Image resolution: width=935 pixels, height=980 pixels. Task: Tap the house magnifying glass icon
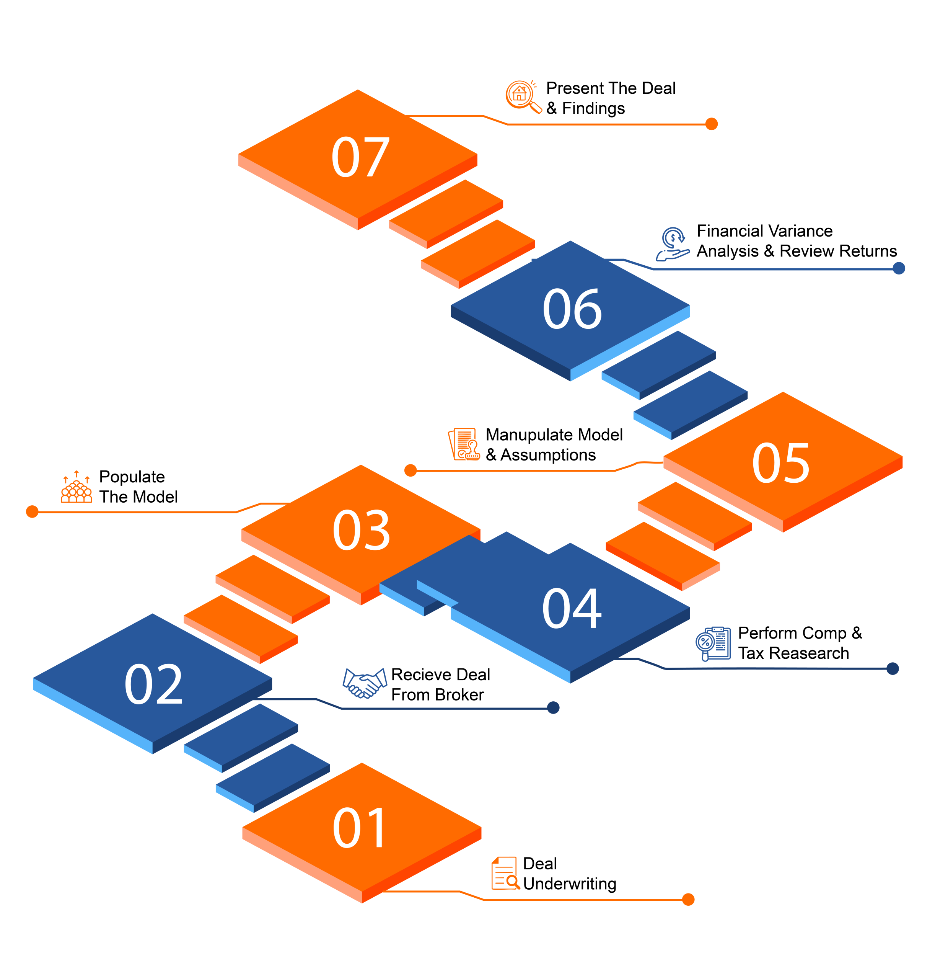coord(523,96)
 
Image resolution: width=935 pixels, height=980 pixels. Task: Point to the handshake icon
coord(365,683)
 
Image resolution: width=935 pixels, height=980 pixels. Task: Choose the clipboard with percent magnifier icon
coord(713,644)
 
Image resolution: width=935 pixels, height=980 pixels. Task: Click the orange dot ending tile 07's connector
coord(712,124)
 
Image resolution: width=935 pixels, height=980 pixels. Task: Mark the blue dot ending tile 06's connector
coord(899,268)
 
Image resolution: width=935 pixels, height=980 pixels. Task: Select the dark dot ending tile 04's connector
coord(893,668)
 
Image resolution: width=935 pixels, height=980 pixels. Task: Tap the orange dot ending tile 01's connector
coord(688,899)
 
